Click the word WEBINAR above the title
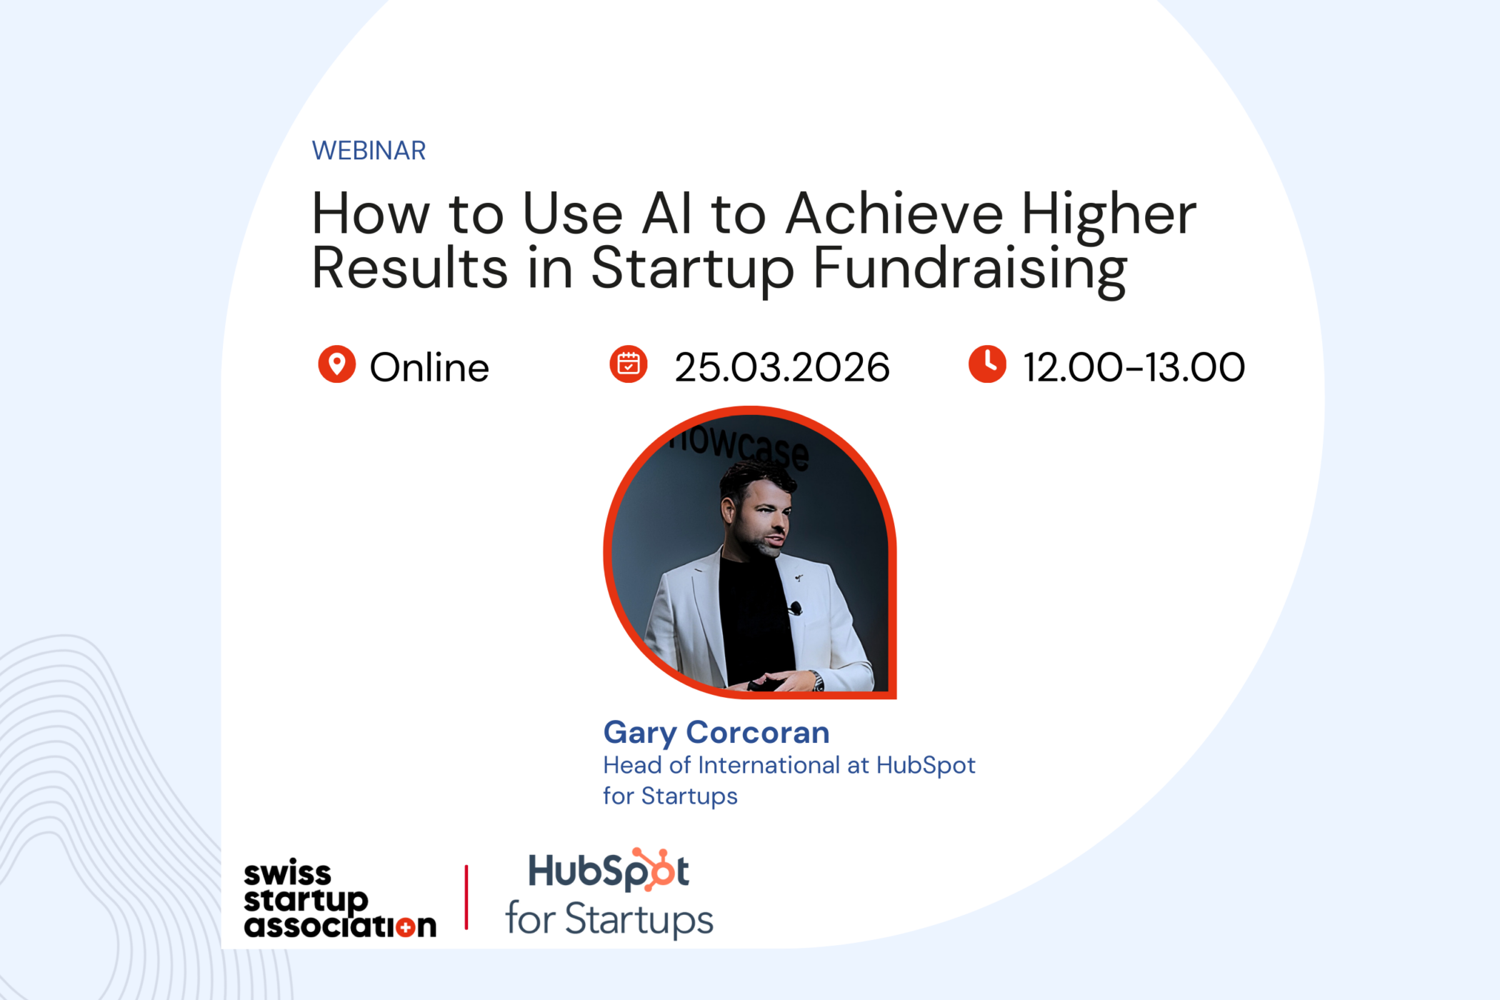click(369, 151)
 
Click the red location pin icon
click(336, 364)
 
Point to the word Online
click(429, 367)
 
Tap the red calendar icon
click(629, 364)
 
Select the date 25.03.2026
click(782, 367)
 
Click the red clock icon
click(987, 364)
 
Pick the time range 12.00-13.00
click(1134, 367)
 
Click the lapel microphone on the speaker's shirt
click(795, 609)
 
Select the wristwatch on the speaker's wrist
click(818, 681)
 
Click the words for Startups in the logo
click(609, 919)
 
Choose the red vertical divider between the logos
click(466, 897)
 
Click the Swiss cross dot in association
click(406, 928)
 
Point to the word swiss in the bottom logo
click(287, 874)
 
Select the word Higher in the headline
click(1109, 215)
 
